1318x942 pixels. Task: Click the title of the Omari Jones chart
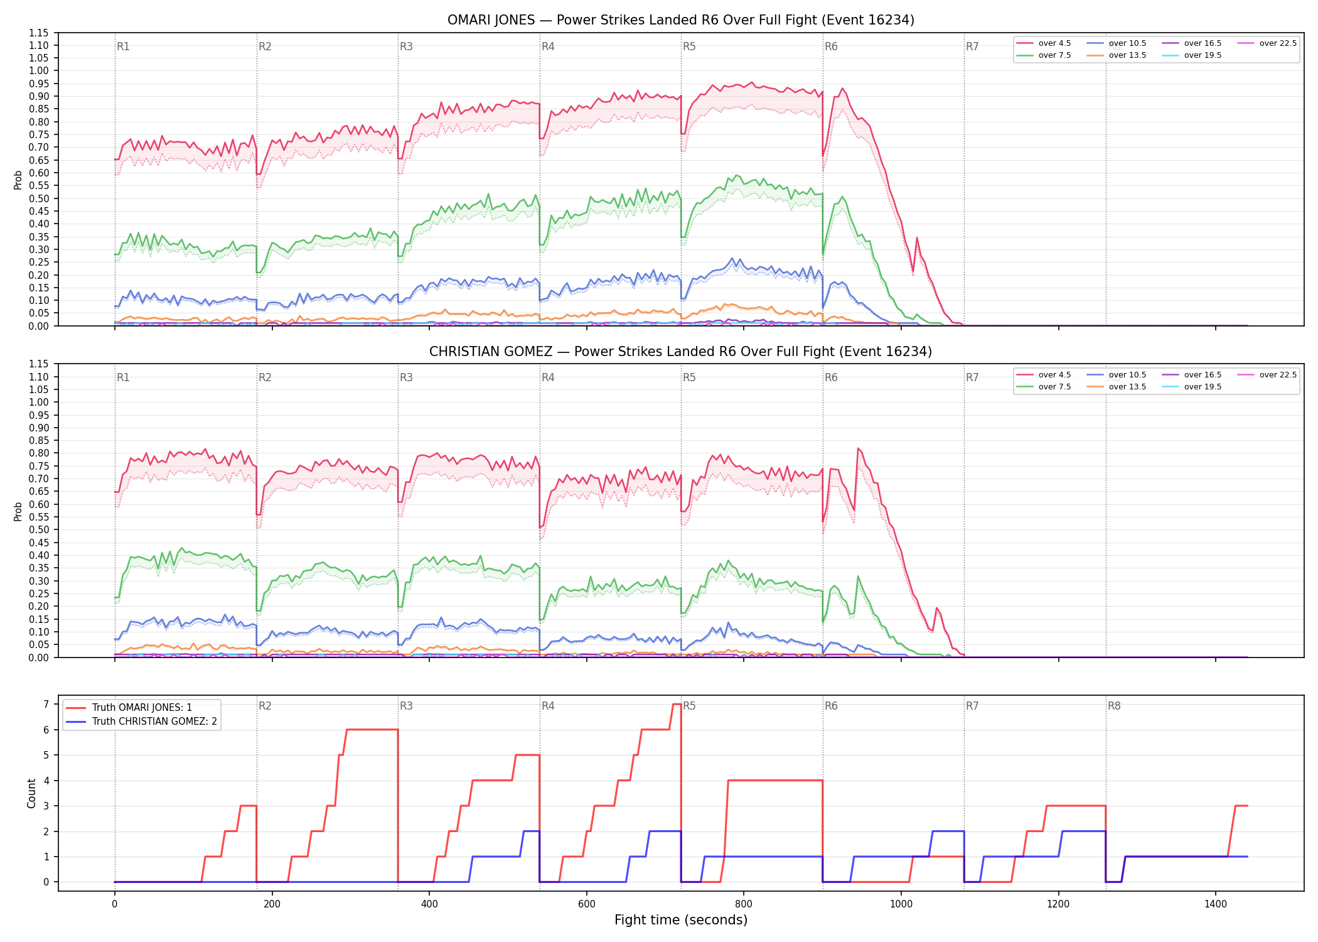[681, 20]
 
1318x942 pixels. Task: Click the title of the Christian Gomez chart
[681, 352]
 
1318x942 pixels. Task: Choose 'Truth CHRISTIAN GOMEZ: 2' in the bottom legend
[154, 722]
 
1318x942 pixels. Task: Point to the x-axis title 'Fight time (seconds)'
[681, 920]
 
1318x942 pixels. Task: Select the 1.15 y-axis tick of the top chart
[39, 33]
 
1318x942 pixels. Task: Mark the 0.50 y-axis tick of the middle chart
[39, 530]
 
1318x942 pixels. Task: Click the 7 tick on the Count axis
[46, 705]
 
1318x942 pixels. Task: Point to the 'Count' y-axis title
[31, 793]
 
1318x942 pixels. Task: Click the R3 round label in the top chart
[407, 46]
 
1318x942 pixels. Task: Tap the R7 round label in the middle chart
[972, 377]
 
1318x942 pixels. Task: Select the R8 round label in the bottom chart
[1114, 706]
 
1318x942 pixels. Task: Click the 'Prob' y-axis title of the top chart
[18, 180]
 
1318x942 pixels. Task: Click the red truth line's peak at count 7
[677, 704]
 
